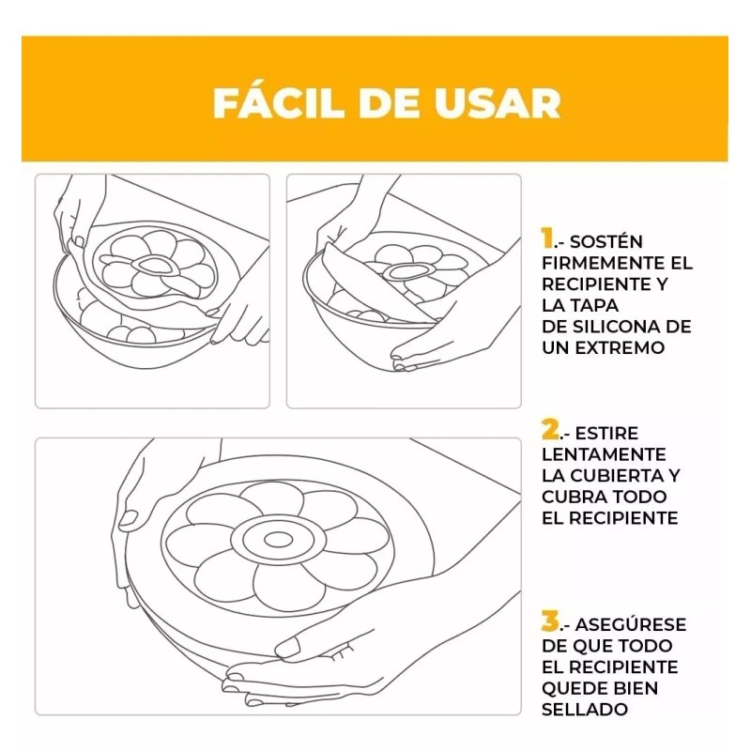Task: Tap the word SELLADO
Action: coord(584,709)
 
